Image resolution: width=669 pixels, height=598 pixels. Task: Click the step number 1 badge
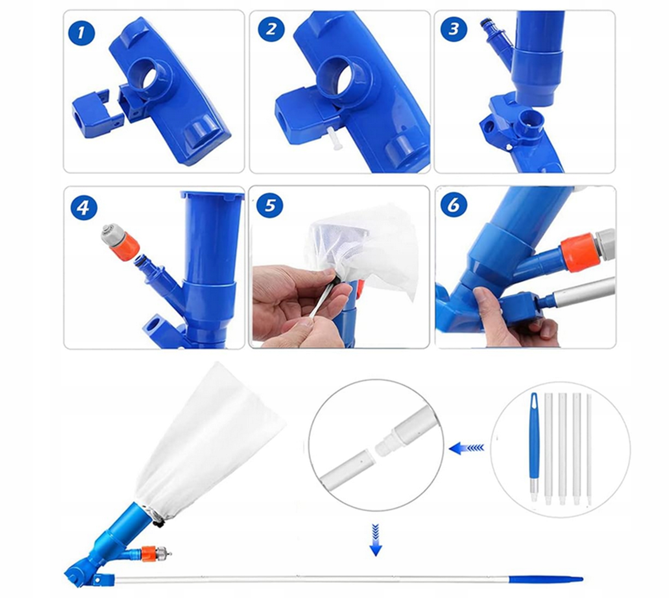(x=81, y=33)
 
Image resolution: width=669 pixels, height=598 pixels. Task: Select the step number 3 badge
(x=453, y=29)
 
